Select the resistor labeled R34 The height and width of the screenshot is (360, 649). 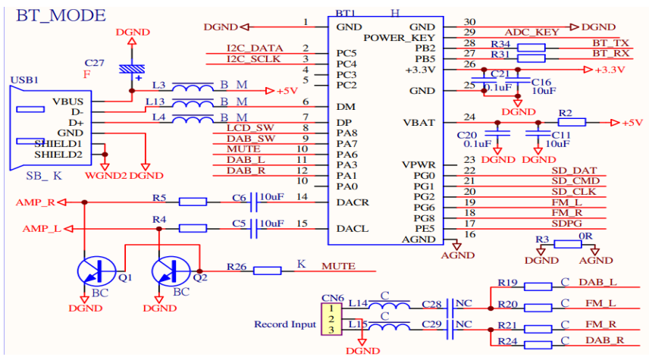coord(531,48)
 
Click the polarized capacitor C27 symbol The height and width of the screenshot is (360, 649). coord(133,70)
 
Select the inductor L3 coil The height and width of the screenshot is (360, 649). coord(192,90)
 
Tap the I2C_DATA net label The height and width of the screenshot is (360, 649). coord(254,49)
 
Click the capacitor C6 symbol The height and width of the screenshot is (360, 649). coord(250,202)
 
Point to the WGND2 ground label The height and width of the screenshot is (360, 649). coord(106,176)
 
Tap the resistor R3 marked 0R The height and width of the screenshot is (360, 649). coord(568,244)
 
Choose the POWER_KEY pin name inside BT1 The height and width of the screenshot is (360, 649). coord(399,37)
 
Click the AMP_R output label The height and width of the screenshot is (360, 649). coord(33,202)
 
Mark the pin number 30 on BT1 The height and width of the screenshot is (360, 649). coord(470,22)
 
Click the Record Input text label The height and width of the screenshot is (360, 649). coord(284,324)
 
